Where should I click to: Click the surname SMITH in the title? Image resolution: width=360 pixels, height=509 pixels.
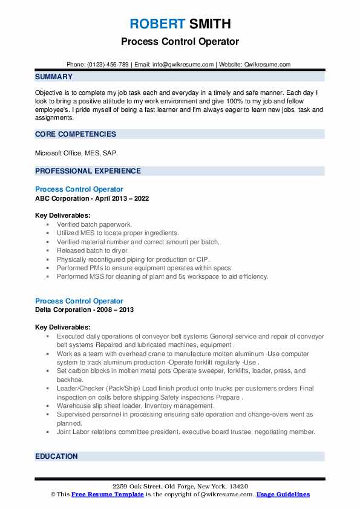(x=209, y=24)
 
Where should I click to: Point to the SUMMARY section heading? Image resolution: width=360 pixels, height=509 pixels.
(x=54, y=77)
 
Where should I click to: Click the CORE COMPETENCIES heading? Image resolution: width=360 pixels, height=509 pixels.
(x=76, y=134)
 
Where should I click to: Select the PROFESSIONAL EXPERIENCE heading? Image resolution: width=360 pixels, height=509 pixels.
(x=88, y=171)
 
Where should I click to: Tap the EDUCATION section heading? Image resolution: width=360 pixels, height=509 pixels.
(x=56, y=456)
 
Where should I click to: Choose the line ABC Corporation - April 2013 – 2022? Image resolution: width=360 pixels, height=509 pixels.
(x=92, y=198)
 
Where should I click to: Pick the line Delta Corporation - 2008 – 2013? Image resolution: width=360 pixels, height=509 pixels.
(x=84, y=310)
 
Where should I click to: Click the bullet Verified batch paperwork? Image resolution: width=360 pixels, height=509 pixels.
(x=94, y=224)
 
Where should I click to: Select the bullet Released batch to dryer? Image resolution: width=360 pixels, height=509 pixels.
(x=93, y=250)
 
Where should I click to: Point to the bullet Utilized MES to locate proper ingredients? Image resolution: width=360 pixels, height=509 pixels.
(x=117, y=233)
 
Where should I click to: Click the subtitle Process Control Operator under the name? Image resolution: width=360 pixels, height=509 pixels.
(x=180, y=42)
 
